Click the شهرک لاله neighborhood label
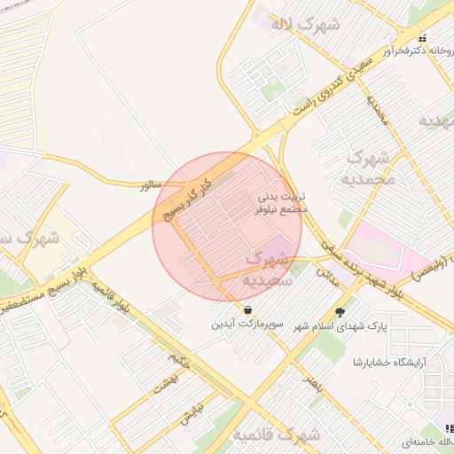(306, 24)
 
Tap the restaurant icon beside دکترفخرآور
(422, 38)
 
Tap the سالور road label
(148, 184)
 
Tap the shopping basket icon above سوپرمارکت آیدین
(247, 309)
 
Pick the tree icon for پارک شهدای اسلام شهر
(340, 311)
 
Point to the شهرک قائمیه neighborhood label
(276, 435)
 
